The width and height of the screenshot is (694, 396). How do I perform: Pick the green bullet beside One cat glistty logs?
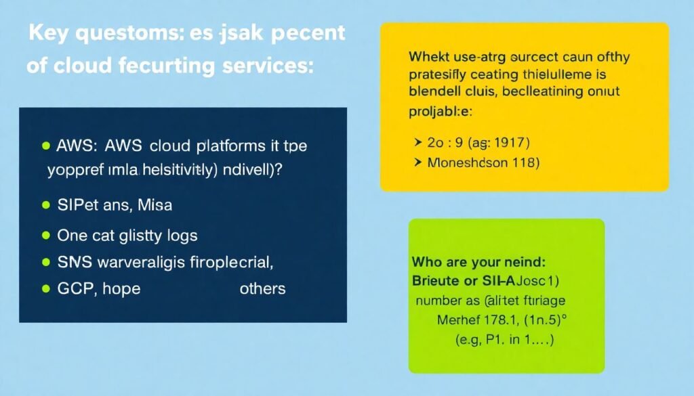click(46, 236)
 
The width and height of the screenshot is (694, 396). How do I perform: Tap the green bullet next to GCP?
click(46, 288)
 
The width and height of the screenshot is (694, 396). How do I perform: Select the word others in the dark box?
click(262, 288)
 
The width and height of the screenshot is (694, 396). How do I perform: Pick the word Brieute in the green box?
click(436, 280)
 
